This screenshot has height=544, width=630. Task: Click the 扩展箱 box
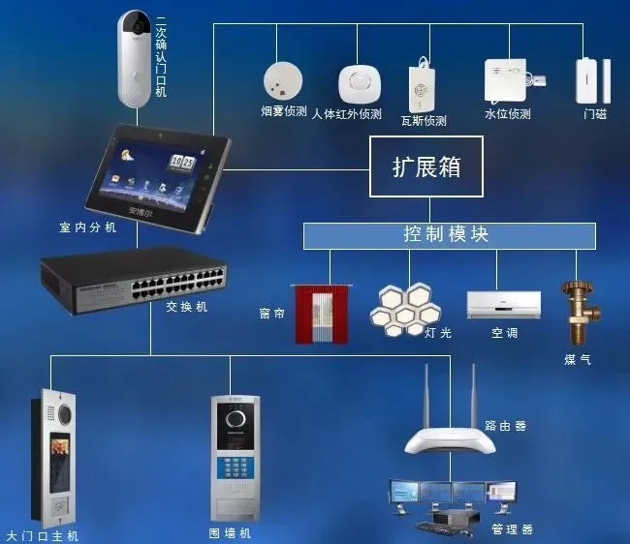pos(426,166)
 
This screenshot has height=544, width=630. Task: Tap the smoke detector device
pos(281,80)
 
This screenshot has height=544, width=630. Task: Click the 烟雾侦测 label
pos(284,113)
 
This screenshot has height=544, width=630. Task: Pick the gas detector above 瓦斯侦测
pos(422,86)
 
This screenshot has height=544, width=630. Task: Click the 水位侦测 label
pos(508,114)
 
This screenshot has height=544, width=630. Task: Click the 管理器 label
pos(513,529)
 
